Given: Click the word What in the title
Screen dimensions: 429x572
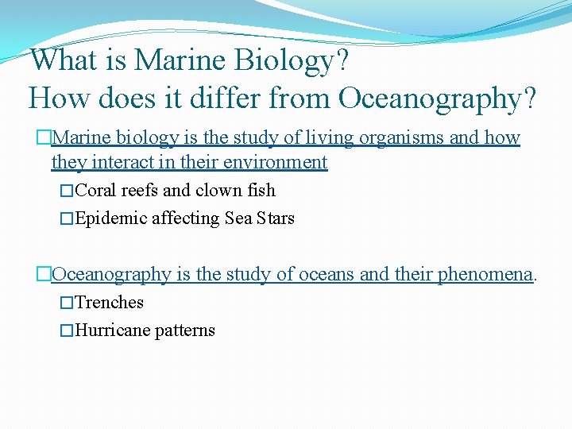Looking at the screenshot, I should click(x=60, y=60).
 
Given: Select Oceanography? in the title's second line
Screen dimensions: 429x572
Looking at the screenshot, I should click(x=438, y=99).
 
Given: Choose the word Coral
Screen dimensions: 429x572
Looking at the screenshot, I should click(x=95, y=191).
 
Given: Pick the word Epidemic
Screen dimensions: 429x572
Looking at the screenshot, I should click(x=107, y=218).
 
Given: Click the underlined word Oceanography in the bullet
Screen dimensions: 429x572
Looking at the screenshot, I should click(x=111, y=274).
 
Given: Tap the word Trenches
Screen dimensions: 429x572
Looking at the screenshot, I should click(x=109, y=303).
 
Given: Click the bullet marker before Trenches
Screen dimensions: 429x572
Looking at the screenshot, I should click(x=67, y=303).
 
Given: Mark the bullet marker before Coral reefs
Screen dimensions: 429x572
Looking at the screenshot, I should click(x=67, y=191).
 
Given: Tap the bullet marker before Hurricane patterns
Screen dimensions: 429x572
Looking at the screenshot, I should click(x=67, y=330).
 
